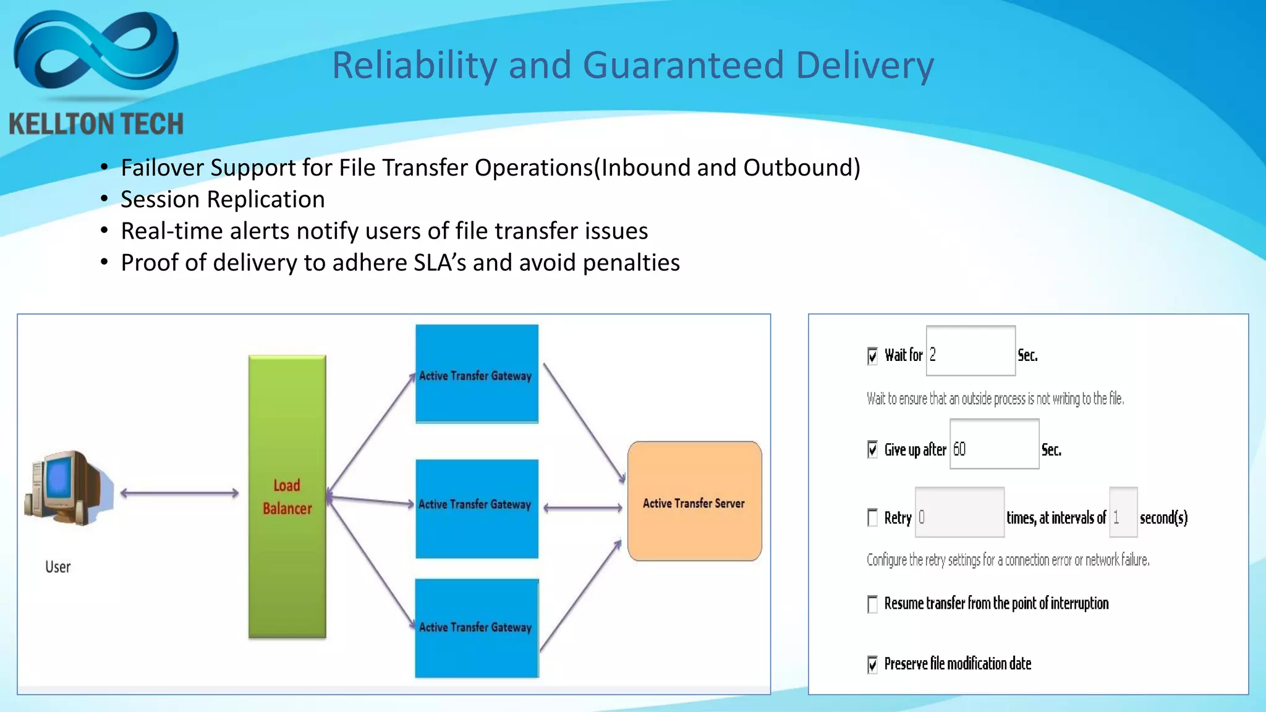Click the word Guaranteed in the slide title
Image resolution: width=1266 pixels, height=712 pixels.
click(x=682, y=66)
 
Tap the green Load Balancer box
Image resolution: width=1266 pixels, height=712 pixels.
click(x=287, y=497)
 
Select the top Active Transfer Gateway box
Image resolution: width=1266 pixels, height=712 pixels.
click(x=477, y=374)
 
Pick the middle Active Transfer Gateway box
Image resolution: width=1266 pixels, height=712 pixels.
click(x=477, y=509)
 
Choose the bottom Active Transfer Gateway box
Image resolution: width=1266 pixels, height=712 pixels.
click(x=477, y=628)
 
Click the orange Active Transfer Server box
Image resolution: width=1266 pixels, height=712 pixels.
click(x=694, y=501)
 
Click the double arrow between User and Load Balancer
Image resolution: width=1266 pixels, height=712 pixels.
click(x=179, y=493)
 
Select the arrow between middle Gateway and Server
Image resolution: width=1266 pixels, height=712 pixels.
click(x=583, y=508)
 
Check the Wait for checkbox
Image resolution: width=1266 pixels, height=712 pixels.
click(x=872, y=356)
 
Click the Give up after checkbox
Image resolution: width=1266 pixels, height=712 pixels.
click(x=872, y=449)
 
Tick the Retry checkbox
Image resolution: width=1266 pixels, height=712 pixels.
click(x=872, y=517)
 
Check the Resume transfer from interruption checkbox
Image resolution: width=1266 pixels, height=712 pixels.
click(x=872, y=604)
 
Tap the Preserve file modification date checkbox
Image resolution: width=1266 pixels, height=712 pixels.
click(x=872, y=664)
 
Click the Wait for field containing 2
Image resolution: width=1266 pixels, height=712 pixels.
click(x=971, y=351)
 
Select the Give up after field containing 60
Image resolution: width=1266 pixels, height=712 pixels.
click(x=994, y=444)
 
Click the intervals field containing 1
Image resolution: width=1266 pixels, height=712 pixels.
click(x=1123, y=512)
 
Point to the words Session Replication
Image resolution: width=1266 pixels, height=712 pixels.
click(x=223, y=200)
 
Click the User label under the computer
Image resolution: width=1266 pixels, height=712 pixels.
click(x=58, y=567)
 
